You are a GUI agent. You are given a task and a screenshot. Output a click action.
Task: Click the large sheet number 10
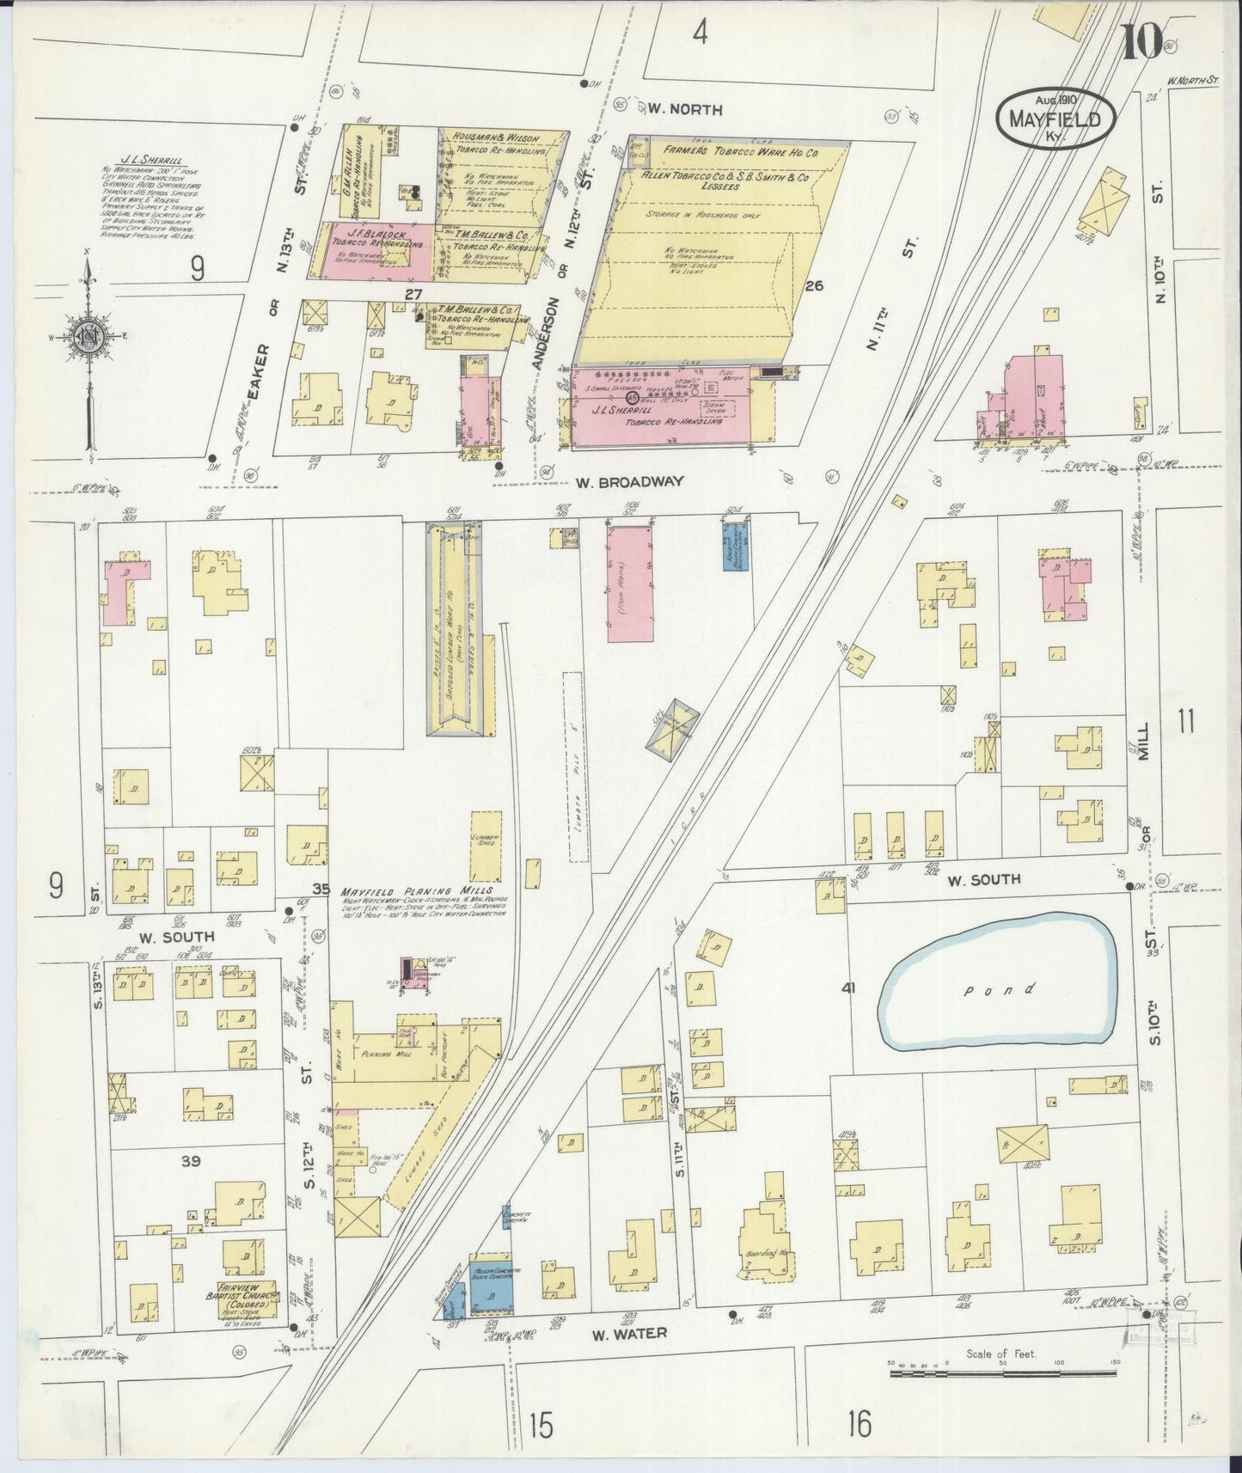pyautogui.click(x=1141, y=40)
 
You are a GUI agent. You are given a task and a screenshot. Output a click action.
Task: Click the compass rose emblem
pyautogui.click(x=89, y=336)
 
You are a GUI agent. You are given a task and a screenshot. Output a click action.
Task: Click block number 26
pyautogui.click(x=814, y=286)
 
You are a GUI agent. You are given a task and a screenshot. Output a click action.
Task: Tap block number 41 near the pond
pyautogui.click(x=848, y=989)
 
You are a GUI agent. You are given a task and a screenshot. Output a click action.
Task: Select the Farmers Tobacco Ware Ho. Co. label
pyautogui.click(x=739, y=151)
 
